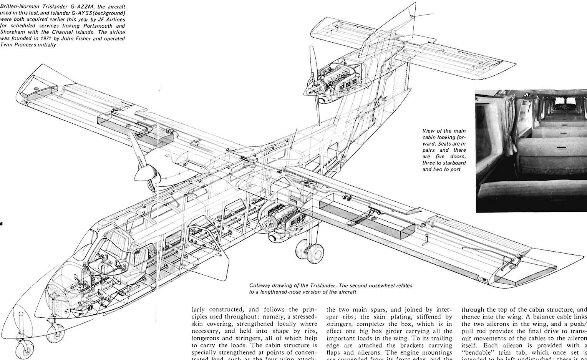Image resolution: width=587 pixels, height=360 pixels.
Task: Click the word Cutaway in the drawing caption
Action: [260, 285]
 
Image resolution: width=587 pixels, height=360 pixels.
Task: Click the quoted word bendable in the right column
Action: [478, 352]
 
